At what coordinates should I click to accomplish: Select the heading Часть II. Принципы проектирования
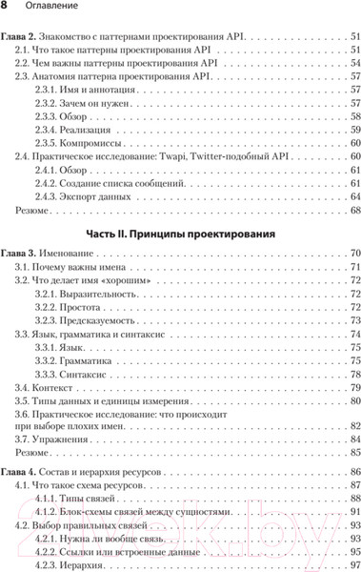(x=181, y=233)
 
